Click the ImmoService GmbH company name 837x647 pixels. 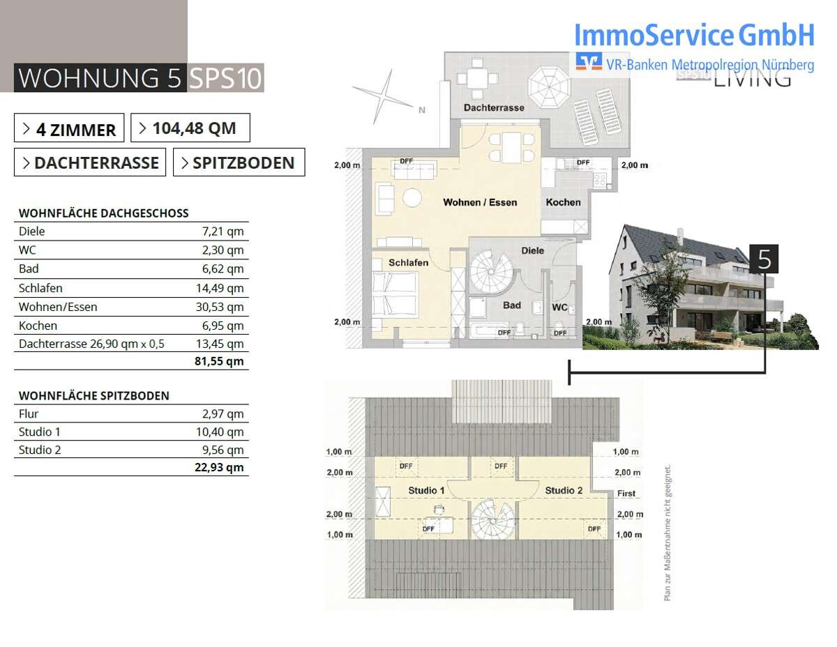[694, 34]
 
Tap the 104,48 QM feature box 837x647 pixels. [190, 128]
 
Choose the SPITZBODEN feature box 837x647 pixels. [239, 163]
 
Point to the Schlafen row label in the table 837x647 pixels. [40, 288]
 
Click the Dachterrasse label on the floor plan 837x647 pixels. [494, 108]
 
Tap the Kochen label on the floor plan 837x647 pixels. [563, 202]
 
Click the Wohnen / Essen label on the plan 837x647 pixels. [480, 202]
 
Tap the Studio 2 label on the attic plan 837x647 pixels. [564, 491]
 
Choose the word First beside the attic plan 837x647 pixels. [626, 494]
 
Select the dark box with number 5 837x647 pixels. [764, 259]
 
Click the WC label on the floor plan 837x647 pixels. [559, 306]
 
